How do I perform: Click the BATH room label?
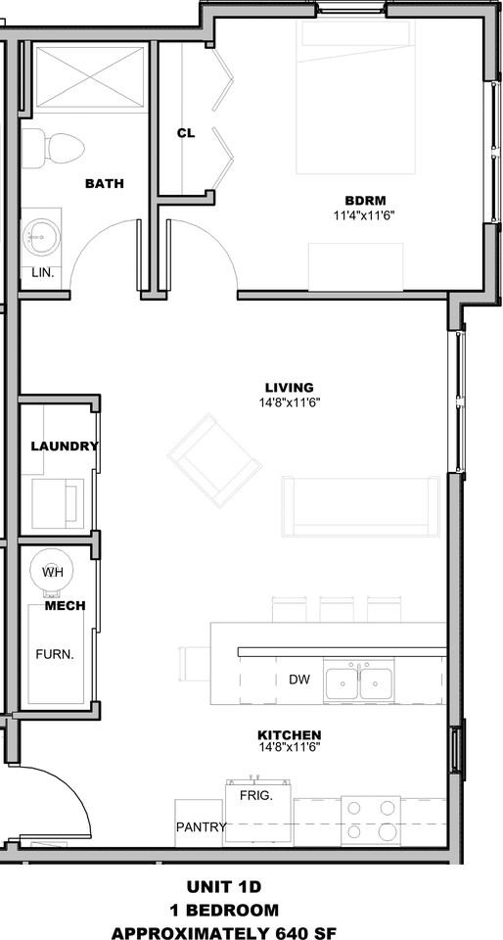click(104, 183)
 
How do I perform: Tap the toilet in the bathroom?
click(53, 148)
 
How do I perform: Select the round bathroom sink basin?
click(41, 237)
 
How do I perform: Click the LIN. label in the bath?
click(42, 273)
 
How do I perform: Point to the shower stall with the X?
click(90, 76)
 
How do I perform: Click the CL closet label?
click(186, 134)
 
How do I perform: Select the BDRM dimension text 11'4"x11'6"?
click(364, 215)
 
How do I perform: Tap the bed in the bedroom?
click(355, 97)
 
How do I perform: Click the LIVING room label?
click(290, 388)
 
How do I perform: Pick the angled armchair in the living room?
click(214, 460)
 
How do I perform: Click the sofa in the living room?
click(361, 506)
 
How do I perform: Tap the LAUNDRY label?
click(64, 446)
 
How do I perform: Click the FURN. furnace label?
click(55, 654)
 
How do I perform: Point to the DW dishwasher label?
click(298, 680)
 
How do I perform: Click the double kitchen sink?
click(359, 681)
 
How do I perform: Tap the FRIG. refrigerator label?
click(256, 796)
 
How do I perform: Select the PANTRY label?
click(202, 827)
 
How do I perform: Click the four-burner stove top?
click(371, 821)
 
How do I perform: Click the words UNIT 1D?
click(224, 887)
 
